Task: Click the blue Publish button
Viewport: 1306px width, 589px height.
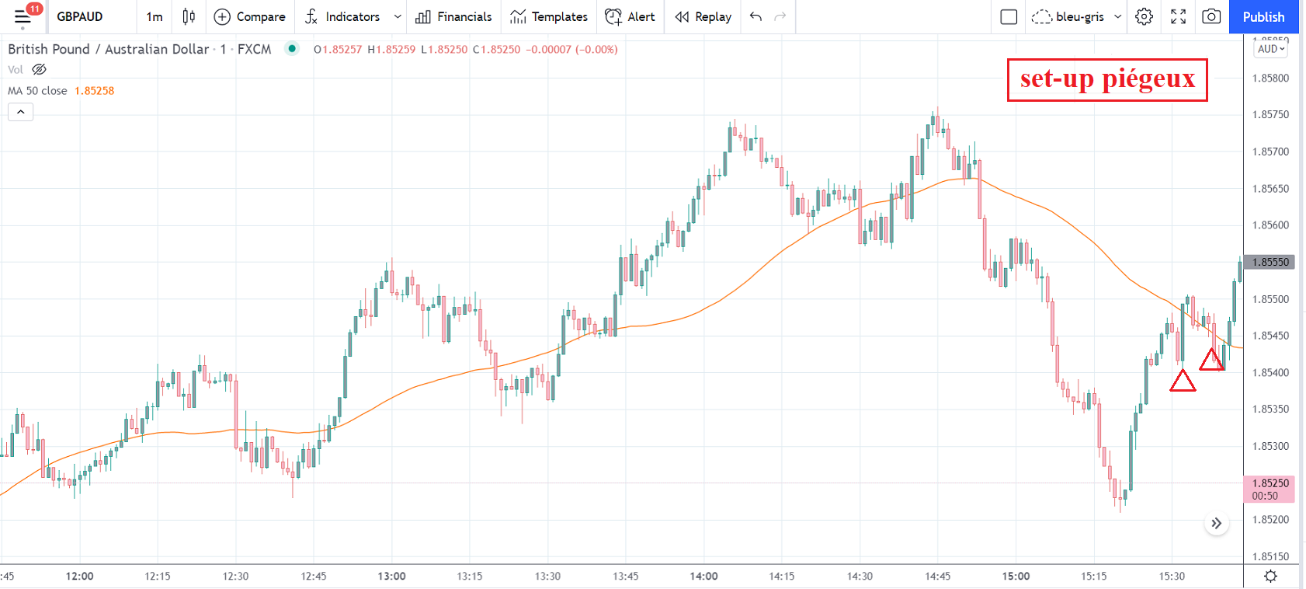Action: [1263, 17]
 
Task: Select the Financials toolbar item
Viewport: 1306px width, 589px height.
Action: [453, 17]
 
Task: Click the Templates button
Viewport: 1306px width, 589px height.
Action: [549, 17]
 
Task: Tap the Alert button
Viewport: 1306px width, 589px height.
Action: [630, 17]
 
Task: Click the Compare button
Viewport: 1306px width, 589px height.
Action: [249, 17]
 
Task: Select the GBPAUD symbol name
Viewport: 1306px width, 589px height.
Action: [80, 17]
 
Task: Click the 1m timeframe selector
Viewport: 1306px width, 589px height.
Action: [155, 17]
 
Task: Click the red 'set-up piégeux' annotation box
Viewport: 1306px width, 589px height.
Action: [1107, 79]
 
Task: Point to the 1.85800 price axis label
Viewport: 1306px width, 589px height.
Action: [1270, 78]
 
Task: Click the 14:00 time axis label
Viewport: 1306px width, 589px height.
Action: [704, 576]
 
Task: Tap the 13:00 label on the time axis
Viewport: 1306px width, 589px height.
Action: [391, 576]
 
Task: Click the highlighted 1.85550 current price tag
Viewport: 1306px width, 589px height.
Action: [1270, 262]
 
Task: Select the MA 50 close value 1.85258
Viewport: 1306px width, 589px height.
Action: [94, 91]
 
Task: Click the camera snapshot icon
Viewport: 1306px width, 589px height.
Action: [1211, 17]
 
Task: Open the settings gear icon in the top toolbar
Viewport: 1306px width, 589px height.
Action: [1144, 17]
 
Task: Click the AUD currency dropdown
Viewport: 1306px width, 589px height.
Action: [1271, 49]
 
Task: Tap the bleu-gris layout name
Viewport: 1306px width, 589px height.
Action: [1079, 17]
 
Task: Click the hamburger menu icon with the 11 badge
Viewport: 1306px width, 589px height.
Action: [23, 16]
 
